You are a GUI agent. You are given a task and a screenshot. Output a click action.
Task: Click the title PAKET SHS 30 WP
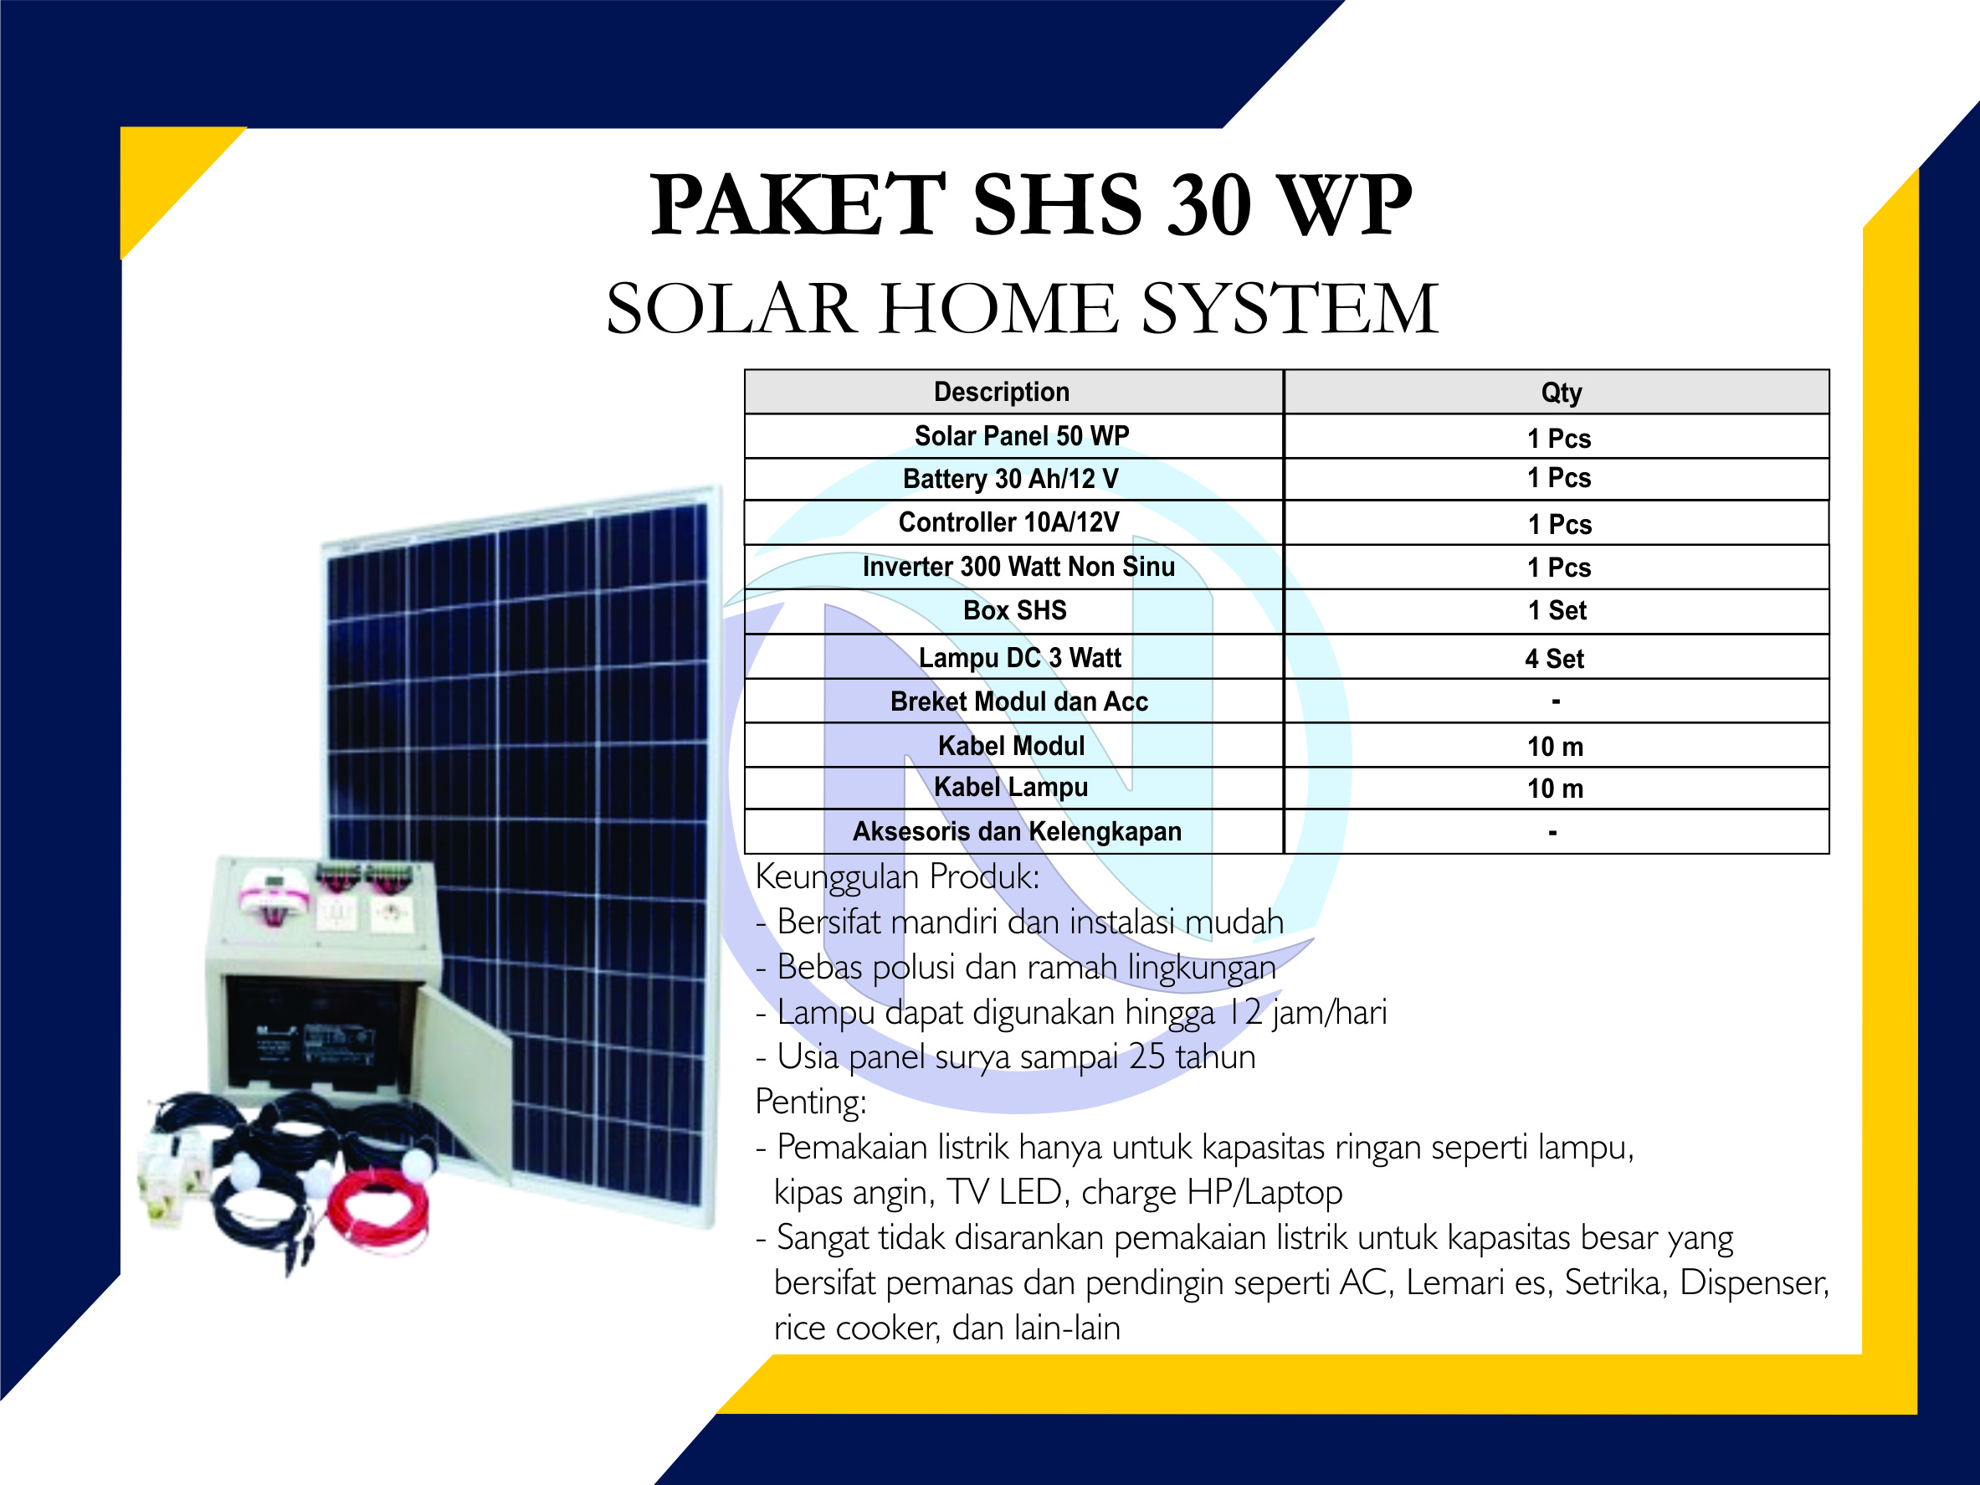pos(1030,205)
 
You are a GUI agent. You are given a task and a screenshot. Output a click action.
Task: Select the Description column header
pos(1002,392)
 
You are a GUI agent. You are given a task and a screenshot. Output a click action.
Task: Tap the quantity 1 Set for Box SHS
pos(1557,610)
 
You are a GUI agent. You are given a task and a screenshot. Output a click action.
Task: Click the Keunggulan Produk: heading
pos(898,877)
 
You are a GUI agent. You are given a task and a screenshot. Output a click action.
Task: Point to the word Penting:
pos(811,1102)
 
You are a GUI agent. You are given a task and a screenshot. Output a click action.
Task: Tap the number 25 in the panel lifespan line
pos(1146,1057)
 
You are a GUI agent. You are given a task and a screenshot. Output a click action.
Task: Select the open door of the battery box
pos(464,1082)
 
